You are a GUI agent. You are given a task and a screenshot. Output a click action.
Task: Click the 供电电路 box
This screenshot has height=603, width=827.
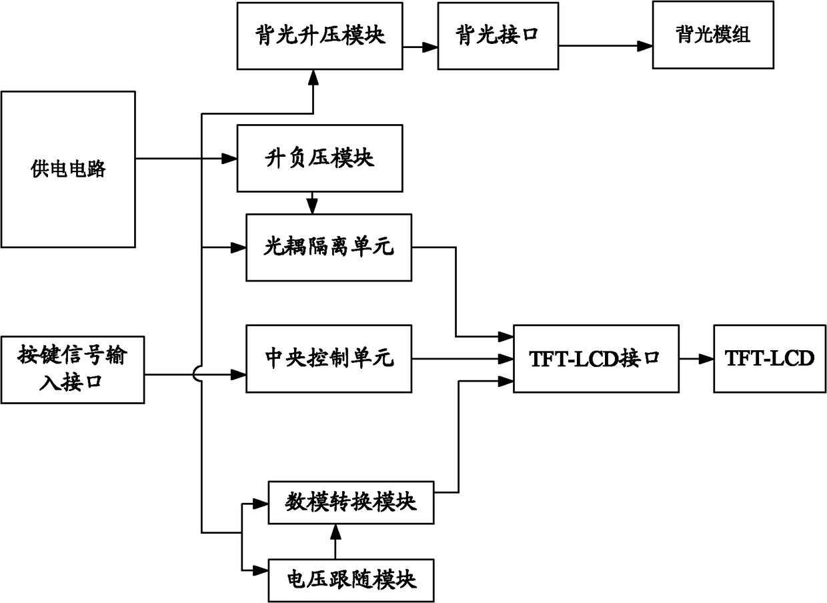(68, 169)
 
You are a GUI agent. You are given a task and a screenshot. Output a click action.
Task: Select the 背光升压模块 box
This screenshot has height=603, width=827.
(320, 35)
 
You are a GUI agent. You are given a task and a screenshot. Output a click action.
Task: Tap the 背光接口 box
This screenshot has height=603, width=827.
(498, 36)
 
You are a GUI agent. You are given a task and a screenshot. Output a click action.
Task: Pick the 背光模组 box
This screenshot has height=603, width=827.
(712, 35)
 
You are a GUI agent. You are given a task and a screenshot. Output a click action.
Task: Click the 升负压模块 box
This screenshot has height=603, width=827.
(320, 157)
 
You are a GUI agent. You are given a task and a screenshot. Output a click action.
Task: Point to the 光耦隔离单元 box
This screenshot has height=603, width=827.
(329, 247)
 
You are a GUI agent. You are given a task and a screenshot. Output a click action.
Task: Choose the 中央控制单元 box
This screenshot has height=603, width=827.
(329, 358)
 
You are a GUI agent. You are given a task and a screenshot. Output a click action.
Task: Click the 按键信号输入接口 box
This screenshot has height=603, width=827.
(73, 370)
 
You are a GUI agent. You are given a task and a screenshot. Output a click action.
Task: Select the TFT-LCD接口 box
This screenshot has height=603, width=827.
(596, 358)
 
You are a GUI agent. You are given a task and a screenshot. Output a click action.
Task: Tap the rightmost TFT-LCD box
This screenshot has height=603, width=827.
(770, 358)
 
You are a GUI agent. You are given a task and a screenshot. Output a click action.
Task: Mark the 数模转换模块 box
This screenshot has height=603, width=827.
(351, 502)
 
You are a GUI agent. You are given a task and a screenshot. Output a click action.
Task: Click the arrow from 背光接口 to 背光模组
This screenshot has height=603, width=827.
(605, 45)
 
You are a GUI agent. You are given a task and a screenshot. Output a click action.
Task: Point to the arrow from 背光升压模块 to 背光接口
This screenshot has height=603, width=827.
(420, 47)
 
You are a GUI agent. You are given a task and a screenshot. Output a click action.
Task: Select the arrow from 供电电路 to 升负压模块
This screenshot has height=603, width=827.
(187, 158)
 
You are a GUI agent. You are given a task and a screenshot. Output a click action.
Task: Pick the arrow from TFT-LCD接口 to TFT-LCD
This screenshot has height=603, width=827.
(696, 358)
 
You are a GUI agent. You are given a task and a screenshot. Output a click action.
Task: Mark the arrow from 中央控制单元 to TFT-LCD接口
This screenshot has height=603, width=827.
(462, 358)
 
